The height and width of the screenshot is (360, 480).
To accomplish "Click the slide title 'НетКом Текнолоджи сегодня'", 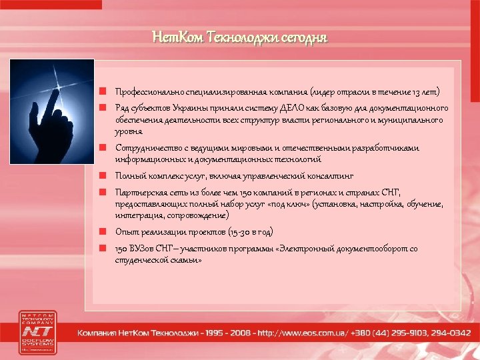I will click(240, 37).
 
